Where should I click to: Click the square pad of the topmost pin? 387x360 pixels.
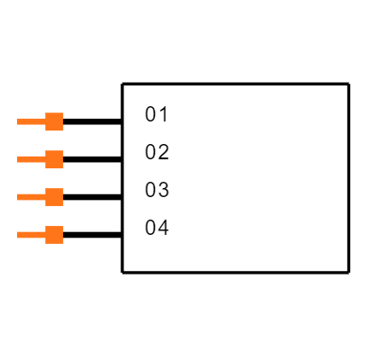54,121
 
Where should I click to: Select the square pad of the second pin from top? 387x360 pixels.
54,159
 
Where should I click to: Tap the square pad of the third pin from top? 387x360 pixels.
54,197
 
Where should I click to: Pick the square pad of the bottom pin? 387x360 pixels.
54,235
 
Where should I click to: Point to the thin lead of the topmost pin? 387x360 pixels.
31,121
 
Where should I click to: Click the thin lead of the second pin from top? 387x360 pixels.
31,159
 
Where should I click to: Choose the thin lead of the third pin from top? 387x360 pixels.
31,197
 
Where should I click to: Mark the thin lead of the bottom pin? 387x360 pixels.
31,235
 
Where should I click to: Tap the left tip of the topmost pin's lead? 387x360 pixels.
17,121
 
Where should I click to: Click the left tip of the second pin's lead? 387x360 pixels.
17,159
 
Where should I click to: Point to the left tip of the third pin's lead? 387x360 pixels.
17,197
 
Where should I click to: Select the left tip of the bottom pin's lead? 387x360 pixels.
17,235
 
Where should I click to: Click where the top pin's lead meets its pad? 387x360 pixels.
45,121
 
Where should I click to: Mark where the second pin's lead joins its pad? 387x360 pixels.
45,159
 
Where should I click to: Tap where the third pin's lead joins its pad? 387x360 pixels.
45,197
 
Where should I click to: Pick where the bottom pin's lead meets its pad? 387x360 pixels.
45,235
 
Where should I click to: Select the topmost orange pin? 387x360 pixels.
40,121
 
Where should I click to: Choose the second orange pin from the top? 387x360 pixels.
40,159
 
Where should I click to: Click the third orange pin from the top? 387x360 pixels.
40,197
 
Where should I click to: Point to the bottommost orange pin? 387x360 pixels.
40,235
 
